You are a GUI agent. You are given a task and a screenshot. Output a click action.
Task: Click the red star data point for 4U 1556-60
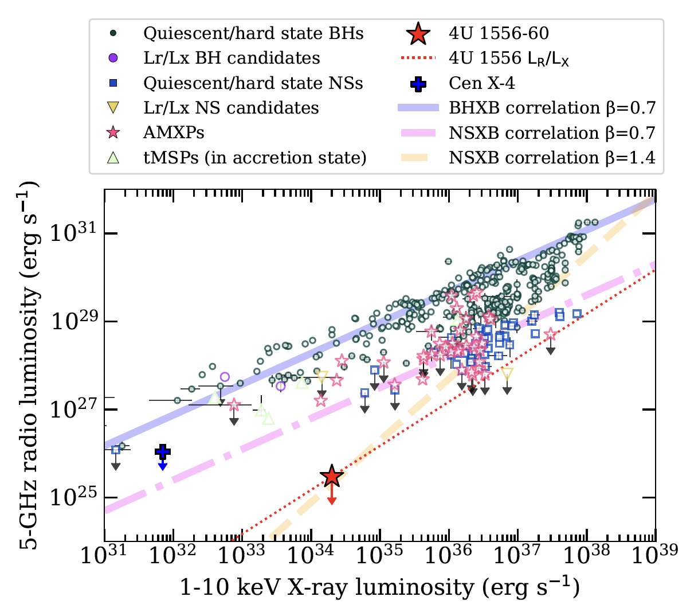332,475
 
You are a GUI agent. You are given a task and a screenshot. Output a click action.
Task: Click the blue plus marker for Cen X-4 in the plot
163,451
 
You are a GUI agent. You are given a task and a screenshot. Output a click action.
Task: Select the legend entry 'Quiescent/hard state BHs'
253,33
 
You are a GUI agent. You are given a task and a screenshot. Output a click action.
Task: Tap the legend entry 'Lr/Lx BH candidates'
232,58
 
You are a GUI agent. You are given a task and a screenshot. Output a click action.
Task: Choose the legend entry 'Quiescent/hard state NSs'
253,83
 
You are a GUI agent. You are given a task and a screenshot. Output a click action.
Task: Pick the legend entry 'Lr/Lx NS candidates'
231,108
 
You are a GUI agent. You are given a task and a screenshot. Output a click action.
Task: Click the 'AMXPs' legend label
174,132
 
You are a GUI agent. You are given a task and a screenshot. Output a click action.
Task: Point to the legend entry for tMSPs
254,158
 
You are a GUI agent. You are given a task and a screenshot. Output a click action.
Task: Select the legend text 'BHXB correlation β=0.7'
552,108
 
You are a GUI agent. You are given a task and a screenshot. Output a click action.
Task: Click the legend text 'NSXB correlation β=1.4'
552,158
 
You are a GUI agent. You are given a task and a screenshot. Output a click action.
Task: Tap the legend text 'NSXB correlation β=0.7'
552,132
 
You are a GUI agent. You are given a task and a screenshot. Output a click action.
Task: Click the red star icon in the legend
419,34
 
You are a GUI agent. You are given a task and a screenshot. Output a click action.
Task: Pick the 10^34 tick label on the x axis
311,555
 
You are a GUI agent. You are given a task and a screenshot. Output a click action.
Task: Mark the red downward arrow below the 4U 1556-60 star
332,497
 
